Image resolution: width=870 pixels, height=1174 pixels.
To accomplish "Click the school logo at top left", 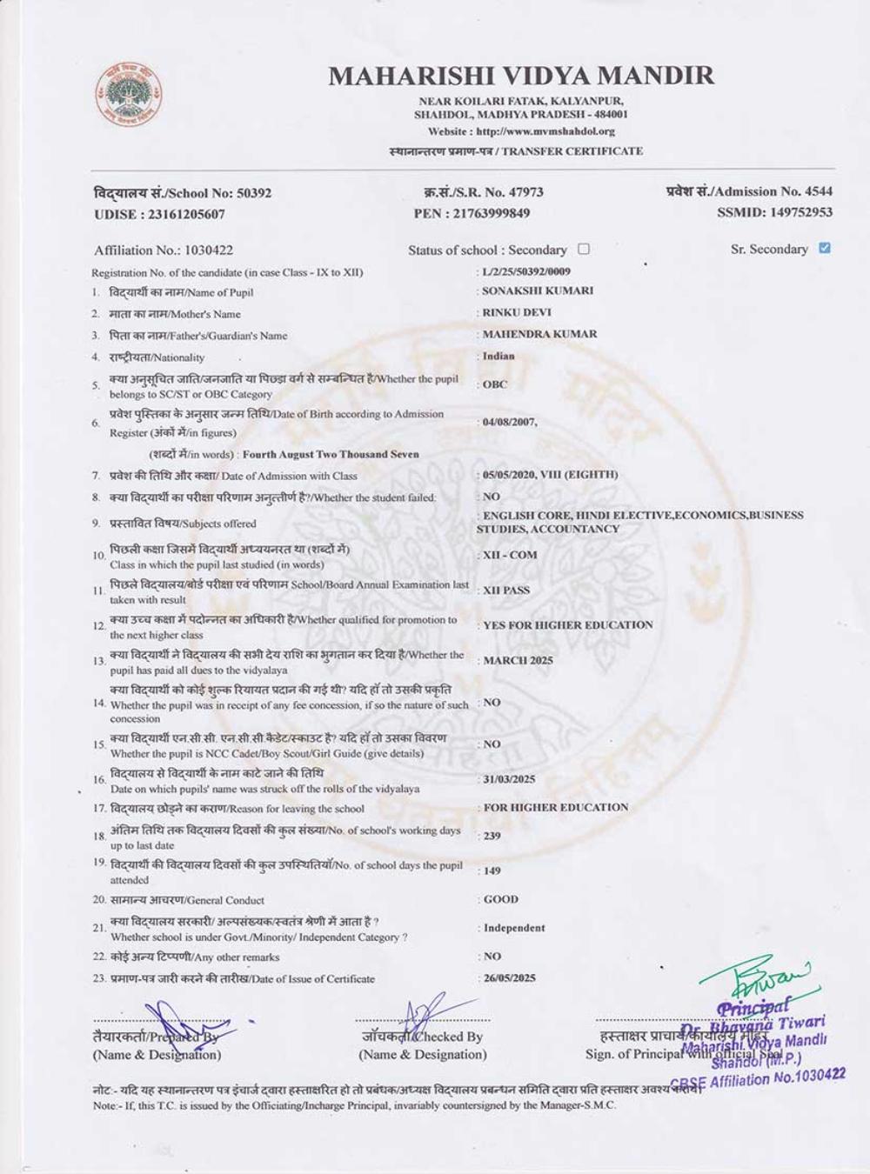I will point(129,93).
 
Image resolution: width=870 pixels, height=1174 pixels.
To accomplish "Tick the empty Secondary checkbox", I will point(584,249).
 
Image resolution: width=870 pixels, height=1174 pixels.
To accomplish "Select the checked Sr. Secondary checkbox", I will point(825,248).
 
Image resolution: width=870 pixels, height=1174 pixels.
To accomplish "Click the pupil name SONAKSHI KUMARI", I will point(538,290).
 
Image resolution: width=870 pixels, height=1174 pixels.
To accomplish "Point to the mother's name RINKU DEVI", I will point(517,312).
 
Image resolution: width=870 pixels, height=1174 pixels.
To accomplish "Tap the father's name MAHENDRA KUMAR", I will point(539,334).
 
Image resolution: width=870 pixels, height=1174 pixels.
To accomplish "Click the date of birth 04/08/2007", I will point(509,422).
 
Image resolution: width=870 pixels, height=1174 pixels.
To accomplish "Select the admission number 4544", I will point(819,191).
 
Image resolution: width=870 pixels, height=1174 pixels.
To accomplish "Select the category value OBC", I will point(495,384).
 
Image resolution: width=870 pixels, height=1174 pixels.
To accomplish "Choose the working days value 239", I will point(492,836).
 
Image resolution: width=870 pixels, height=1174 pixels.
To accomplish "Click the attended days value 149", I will point(492,870).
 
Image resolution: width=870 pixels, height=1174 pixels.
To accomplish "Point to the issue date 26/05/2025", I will point(510,977).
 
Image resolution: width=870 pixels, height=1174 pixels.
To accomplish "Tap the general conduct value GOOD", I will point(501,899).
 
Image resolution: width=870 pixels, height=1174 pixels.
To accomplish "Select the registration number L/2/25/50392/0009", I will point(526,271).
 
